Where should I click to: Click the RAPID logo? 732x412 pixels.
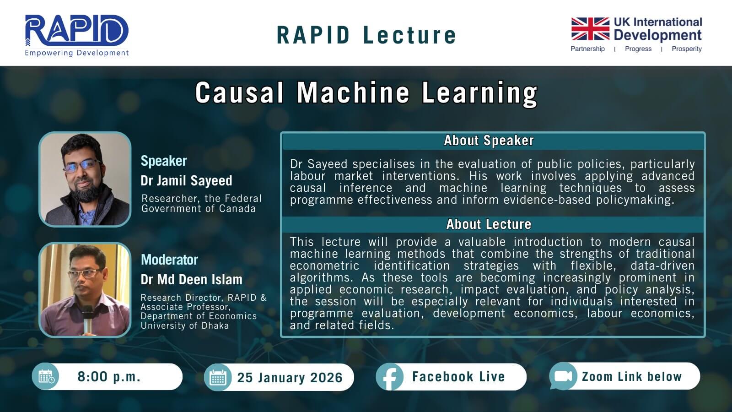[x=77, y=35]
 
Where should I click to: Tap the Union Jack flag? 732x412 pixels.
[x=590, y=29]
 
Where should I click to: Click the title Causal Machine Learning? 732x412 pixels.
[x=366, y=93]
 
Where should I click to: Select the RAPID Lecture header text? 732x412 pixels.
[x=366, y=35]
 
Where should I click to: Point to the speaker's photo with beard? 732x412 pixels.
[x=85, y=179]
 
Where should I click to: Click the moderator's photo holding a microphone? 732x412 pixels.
[x=85, y=290]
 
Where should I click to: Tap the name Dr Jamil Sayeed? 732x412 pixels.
[x=186, y=180]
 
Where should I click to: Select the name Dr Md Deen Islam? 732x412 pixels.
[x=192, y=280]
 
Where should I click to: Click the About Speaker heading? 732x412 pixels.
[x=489, y=141]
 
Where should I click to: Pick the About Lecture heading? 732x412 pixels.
[x=489, y=224]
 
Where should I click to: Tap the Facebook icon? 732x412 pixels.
[x=389, y=377]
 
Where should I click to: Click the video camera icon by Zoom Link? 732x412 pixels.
[x=563, y=376]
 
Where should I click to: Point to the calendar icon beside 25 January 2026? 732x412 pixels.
[x=218, y=377]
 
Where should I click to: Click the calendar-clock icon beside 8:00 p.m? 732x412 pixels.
[x=46, y=376]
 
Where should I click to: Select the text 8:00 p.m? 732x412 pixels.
[x=109, y=377]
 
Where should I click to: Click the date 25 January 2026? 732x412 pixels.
[x=290, y=378]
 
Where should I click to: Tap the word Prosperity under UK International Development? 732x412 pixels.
[x=687, y=49]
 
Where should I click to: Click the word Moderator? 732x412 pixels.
[x=169, y=260]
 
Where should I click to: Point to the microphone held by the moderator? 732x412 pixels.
[x=87, y=319]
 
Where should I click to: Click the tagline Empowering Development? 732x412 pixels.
[x=77, y=53]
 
